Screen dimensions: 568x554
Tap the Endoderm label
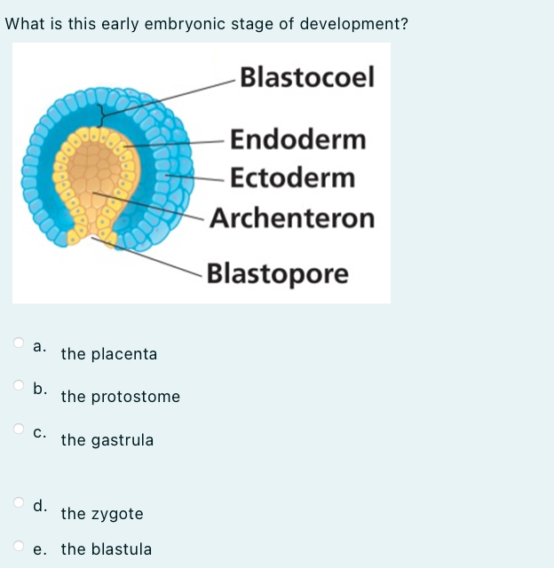click(297, 139)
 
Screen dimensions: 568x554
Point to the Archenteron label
click(293, 217)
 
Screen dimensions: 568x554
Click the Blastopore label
click(278, 273)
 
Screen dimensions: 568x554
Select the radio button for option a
click(19, 342)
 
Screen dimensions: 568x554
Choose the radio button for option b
click(19, 385)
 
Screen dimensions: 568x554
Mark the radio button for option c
click(19, 429)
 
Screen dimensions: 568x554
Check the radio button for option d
click(19, 502)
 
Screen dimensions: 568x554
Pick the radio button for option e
click(19, 545)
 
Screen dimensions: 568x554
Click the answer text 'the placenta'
click(108, 354)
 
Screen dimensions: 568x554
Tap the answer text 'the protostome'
click(120, 397)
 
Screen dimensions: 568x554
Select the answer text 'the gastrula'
click(107, 440)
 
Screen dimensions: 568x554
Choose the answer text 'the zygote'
click(101, 514)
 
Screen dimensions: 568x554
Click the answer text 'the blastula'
click(106, 549)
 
